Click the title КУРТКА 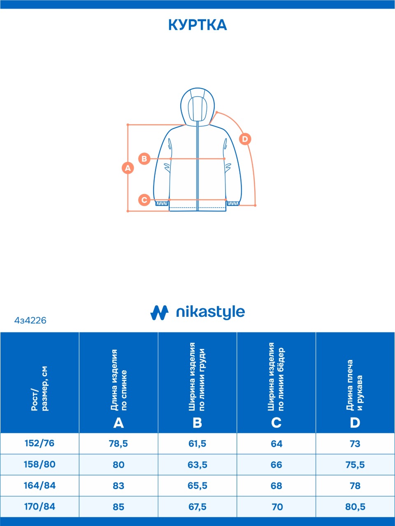[x=197, y=25]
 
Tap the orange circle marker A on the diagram [x=128, y=168]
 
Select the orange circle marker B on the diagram [x=144, y=159]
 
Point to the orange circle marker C [x=144, y=200]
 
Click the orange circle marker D [x=245, y=139]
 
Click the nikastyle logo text [x=210, y=312]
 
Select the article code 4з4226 [x=30, y=321]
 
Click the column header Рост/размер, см [x=39, y=388]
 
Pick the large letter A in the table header [x=118, y=423]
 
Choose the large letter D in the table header [x=355, y=423]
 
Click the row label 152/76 [x=39, y=443]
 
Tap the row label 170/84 [x=39, y=506]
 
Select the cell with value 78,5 [x=118, y=444]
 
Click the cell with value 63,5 [x=197, y=465]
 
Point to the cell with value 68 [x=276, y=486]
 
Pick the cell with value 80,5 [x=355, y=507]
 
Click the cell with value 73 [x=355, y=444]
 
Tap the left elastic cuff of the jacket [x=162, y=203]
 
